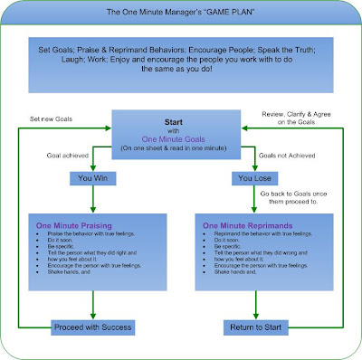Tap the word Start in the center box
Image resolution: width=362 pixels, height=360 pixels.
point(180,120)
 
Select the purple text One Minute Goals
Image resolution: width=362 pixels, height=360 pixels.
point(180,138)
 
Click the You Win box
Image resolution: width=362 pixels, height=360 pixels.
point(91,177)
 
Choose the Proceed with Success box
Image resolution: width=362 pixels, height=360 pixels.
point(90,327)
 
